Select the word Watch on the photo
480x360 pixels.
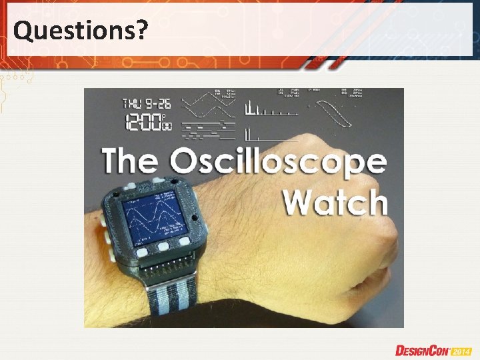click(x=335, y=201)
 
